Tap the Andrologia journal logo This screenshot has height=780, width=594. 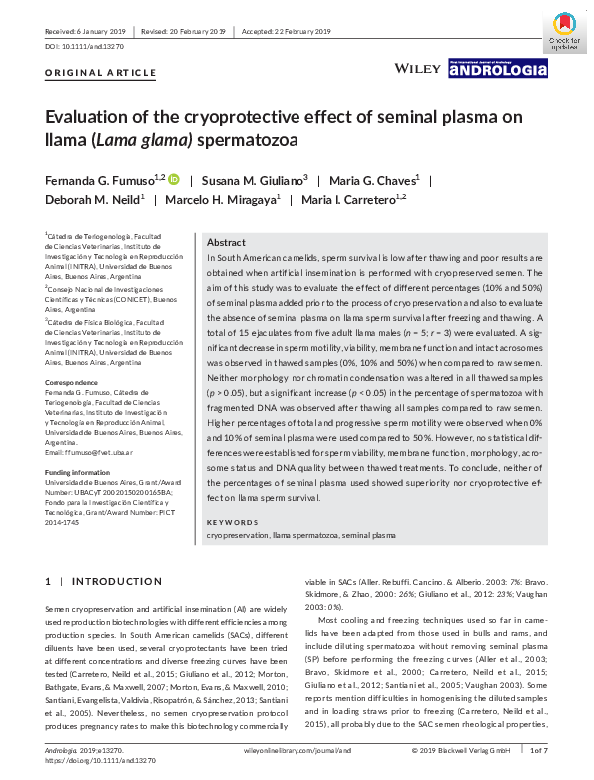point(498,68)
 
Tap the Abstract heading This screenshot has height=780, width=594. point(226,243)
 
